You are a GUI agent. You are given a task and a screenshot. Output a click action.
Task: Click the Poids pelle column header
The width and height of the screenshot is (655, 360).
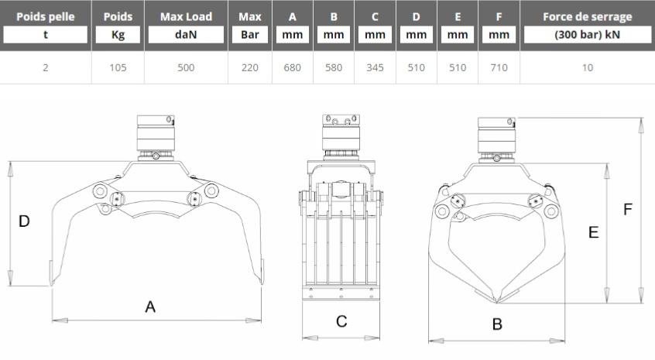pos(46,17)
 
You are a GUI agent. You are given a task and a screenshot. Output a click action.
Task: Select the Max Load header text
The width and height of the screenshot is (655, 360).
pos(186,17)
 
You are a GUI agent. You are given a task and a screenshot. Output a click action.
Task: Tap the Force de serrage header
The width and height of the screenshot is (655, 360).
pos(588,17)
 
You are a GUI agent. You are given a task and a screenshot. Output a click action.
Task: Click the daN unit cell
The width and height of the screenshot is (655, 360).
pos(186,35)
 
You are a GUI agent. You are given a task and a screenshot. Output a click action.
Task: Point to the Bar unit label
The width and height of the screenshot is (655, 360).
pos(250,35)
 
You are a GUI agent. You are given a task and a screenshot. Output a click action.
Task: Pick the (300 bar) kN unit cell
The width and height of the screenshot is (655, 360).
pos(588,35)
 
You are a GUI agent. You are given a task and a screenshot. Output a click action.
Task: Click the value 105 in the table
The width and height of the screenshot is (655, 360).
pos(118,67)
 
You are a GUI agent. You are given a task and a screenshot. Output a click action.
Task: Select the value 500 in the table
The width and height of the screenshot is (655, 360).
pos(186,67)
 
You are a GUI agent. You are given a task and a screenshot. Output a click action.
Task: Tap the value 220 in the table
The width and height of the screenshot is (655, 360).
pos(250,67)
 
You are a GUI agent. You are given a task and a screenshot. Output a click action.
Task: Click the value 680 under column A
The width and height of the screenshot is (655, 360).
pos(292,67)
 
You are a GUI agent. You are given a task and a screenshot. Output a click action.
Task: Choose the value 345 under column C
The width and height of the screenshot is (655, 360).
pos(375,67)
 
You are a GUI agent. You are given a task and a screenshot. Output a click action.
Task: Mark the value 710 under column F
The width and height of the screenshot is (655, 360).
pos(499,67)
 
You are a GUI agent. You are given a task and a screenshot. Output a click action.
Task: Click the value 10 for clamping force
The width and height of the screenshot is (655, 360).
pos(588,67)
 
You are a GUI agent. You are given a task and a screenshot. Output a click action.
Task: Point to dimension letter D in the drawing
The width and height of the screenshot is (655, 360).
pos(24,221)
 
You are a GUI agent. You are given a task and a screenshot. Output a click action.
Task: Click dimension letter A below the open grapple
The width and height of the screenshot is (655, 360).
pos(150,307)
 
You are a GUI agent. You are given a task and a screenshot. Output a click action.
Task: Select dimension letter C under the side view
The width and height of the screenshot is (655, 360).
pos(341,321)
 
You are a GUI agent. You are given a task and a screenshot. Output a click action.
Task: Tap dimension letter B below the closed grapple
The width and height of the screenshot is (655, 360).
pos(497,324)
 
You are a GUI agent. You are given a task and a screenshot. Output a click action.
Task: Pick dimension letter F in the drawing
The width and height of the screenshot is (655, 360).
pos(627,209)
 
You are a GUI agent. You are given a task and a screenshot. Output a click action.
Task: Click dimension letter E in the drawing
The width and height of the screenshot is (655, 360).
pos(593,232)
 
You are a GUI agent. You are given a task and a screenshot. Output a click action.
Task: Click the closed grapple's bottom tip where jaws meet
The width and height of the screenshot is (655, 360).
pos(497,301)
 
